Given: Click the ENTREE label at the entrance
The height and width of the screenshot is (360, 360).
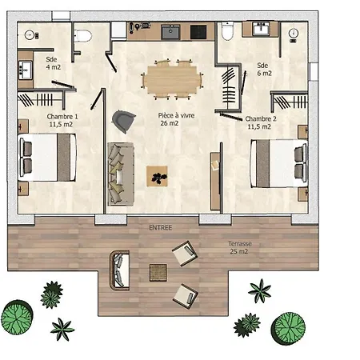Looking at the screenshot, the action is (x=161, y=227).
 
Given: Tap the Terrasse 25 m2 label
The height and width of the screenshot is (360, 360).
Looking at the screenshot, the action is (x=239, y=247).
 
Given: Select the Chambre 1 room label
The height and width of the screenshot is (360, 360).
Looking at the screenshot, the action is (x=62, y=120).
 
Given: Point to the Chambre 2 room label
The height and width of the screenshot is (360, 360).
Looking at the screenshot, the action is (x=260, y=122).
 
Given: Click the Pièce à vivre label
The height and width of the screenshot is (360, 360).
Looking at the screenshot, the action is (x=176, y=119).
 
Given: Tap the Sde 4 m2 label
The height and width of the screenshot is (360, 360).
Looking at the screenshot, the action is (x=54, y=63).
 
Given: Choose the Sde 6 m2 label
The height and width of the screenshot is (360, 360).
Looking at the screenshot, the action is (x=264, y=69).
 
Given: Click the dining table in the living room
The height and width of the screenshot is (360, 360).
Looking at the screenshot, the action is (x=172, y=79).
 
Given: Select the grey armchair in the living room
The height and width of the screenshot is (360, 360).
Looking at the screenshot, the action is (x=123, y=122).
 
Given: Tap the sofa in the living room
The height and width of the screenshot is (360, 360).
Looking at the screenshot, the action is (x=121, y=174).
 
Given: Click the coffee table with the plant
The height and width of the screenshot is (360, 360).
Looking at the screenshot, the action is (x=157, y=176).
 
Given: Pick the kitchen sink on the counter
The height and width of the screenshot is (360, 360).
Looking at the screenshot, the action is (x=170, y=32).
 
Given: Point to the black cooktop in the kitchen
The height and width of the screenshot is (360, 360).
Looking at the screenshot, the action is (x=198, y=32).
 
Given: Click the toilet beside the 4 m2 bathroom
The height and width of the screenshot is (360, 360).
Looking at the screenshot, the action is (x=82, y=36).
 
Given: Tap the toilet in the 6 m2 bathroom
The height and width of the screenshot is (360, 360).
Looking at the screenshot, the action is (x=227, y=31).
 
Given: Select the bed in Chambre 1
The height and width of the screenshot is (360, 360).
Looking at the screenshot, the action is (x=47, y=158).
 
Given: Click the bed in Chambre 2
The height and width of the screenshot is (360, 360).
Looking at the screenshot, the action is (x=278, y=163).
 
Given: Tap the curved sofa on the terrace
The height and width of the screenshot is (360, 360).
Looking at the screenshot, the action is (x=119, y=270).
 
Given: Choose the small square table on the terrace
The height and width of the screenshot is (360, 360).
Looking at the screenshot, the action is (x=158, y=273).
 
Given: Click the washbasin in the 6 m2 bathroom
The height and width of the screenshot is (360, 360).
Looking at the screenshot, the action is (x=262, y=29).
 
